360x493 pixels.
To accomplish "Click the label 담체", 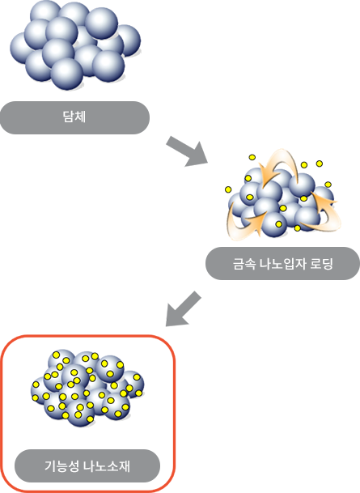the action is point(74,117).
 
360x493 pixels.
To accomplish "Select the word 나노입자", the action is point(282,263).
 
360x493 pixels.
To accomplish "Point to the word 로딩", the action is point(321,263).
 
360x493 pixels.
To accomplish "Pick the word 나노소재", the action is point(107,465).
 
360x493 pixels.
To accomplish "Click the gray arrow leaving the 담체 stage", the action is point(187,151).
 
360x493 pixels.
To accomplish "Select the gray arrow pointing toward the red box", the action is point(183,308).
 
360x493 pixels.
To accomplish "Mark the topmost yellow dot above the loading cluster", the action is point(252,157).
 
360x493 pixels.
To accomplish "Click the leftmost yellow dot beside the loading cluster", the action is point(228,189).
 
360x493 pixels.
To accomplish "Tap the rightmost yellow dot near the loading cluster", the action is point(328,185).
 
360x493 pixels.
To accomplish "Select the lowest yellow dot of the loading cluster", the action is point(298,228).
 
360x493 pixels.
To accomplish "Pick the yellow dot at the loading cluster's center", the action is point(283,208).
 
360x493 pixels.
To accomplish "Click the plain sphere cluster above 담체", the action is point(75,45).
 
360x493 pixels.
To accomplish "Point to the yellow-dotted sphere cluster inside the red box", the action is point(87,388).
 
